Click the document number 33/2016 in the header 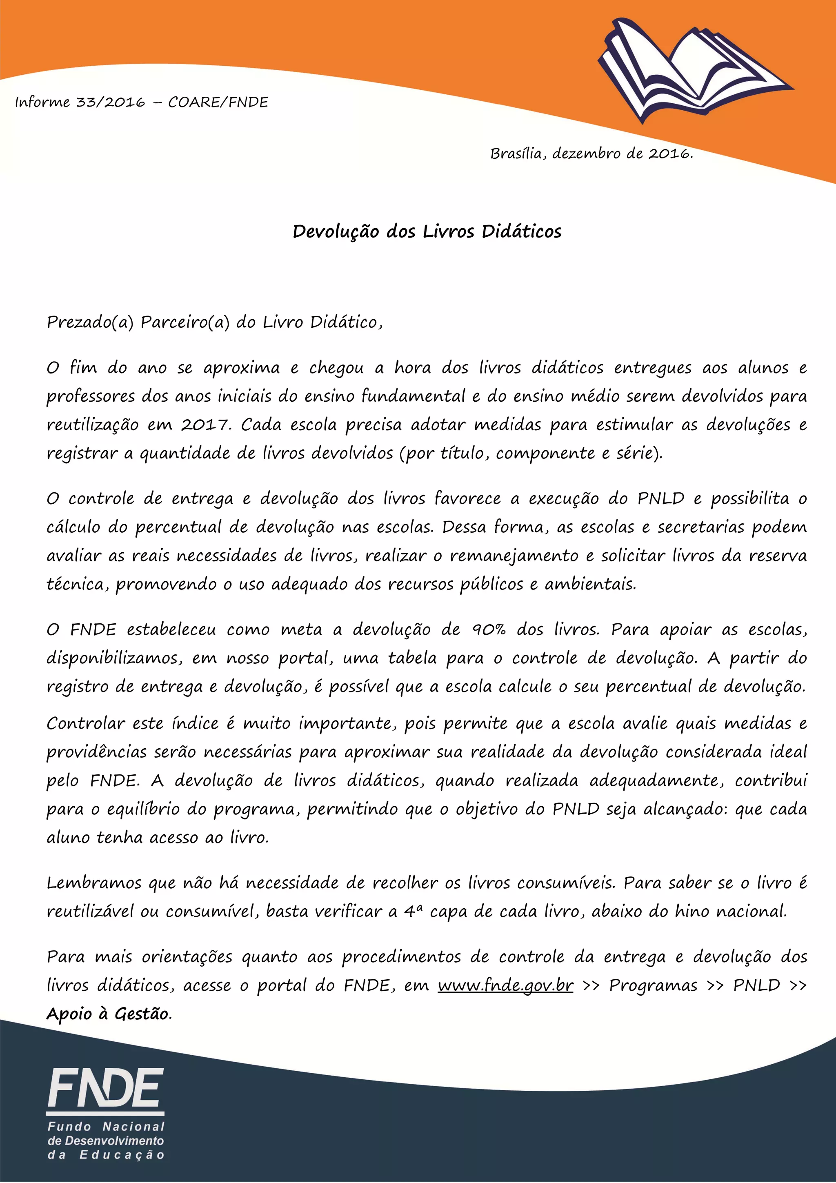point(111,102)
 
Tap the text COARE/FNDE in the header point(218,102)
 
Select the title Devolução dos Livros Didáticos point(427,231)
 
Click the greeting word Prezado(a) point(90,322)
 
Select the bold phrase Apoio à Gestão point(108,1014)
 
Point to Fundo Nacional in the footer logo point(106,1127)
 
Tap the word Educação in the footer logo point(122,1155)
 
